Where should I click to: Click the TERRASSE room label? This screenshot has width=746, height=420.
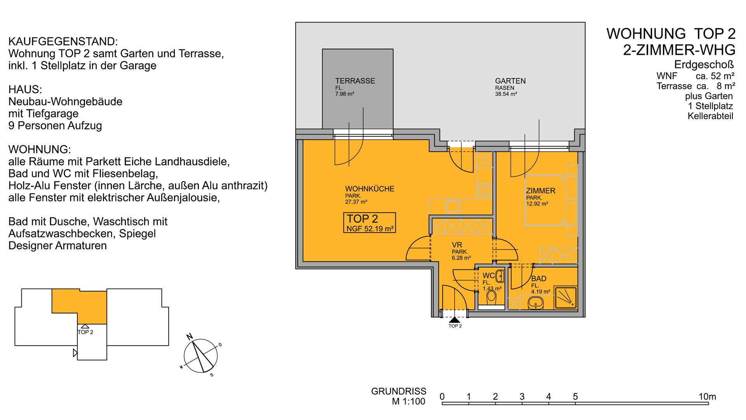(355, 81)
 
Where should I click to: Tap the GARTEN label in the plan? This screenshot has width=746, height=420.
(510, 81)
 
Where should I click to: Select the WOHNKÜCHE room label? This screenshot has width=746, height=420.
(370, 189)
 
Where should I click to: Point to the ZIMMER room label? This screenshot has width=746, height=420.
(540, 191)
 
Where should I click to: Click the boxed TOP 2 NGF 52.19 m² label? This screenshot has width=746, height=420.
(369, 223)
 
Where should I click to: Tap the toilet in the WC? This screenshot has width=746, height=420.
(492, 296)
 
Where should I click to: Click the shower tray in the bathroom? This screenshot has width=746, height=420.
(565, 297)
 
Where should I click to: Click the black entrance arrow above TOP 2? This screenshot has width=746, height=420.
(454, 320)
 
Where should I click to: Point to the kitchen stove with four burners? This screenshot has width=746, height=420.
(485, 191)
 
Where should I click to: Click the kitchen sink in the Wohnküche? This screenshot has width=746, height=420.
(453, 206)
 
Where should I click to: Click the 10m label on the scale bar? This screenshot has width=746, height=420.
(707, 397)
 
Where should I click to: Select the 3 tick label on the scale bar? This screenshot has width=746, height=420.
(522, 397)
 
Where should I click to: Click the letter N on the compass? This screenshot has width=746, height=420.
(190, 337)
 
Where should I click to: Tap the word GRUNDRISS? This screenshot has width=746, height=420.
(399, 391)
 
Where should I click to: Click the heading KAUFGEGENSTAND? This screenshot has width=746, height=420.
(63, 42)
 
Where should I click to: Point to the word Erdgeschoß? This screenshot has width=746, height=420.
(704, 65)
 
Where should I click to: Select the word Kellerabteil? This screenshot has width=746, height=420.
(710, 116)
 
